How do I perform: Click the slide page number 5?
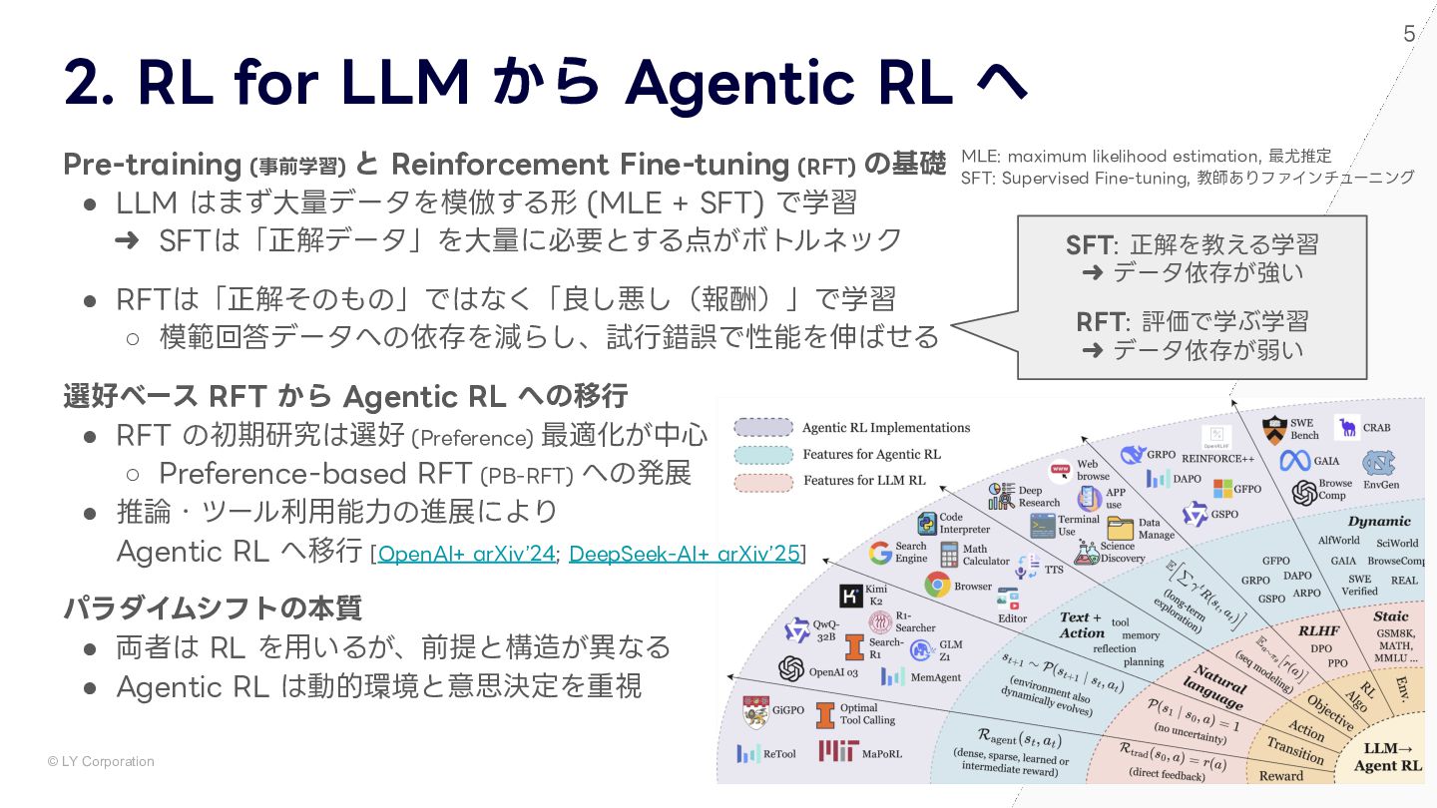[x=1409, y=34]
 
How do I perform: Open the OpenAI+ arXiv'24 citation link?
[x=466, y=554]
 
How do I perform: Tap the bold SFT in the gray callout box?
[x=1088, y=244]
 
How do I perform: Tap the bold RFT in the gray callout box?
[x=1100, y=321]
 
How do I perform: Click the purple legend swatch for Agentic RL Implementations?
[x=763, y=428]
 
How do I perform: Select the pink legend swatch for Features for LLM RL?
[x=763, y=482]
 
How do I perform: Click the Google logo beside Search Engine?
[x=880, y=553]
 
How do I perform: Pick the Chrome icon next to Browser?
[x=937, y=586]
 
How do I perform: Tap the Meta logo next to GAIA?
[x=1295, y=461]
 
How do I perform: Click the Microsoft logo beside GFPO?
[x=1222, y=489]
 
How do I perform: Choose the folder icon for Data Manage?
[x=1121, y=528]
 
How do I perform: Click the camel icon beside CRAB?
[x=1348, y=428]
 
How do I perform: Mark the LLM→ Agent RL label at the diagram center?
[x=1387, y=757]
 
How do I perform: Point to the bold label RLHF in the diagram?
[x=1318, y=630]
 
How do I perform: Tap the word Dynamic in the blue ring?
[x=1379, y=521]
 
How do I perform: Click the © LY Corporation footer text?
[x=101, y=762]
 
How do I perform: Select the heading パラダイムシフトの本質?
[x=213, y=607]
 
